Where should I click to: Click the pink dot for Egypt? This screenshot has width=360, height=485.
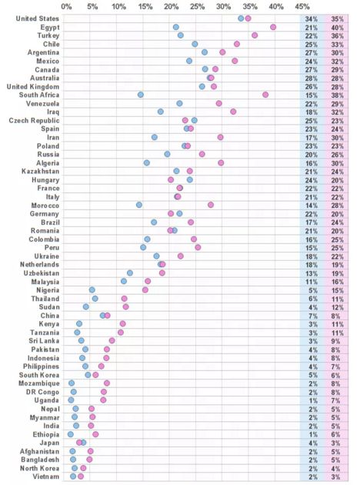(x=273, y=27)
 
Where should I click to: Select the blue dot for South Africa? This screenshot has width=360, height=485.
(x=141, y=95)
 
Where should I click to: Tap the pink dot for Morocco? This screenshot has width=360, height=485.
(x=211, y=205)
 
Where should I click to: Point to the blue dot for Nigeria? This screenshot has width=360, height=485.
(x=92, y=289)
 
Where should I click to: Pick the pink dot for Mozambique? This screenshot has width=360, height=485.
(x=107, y=383)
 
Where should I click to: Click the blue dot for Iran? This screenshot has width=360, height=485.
(x=155, y=137)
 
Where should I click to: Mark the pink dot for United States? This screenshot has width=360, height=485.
(x=248, y=18)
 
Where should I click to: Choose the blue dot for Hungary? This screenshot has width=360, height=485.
(x=190, y=179)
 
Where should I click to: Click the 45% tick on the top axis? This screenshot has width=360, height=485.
(x=302, y=6)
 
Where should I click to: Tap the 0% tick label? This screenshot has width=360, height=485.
(x=66, y=6)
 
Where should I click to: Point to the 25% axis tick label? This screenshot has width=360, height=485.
(x=198, y=6)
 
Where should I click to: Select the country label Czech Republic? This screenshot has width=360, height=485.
(x=34, y=120)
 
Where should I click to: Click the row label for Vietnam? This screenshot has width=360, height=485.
(x=45, y=477)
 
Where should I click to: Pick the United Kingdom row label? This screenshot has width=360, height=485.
(x=33, y=86)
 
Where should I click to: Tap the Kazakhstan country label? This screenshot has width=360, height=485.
(x=41, y=172)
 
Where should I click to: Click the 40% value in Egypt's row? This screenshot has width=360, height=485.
(x=337, y=28)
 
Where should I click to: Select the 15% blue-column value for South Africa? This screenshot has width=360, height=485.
(x=312, y=95)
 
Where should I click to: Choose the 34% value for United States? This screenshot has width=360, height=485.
(x=312, y=19)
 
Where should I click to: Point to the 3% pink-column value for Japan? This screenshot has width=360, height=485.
(x=335, y=443)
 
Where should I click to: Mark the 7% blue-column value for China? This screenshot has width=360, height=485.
(x=313, y=316)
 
